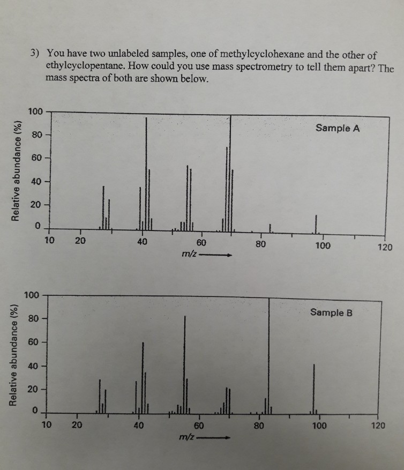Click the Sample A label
pos(338,128)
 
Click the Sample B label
pos(331,312)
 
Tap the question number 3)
pos(35,54)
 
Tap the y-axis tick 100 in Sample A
pos(36,112)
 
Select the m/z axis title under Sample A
pos(190,255)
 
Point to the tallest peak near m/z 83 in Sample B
pos(268,354)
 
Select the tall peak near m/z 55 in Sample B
pos(185,364)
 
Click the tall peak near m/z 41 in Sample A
pos(146,171)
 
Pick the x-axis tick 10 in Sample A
pos(49,240)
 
